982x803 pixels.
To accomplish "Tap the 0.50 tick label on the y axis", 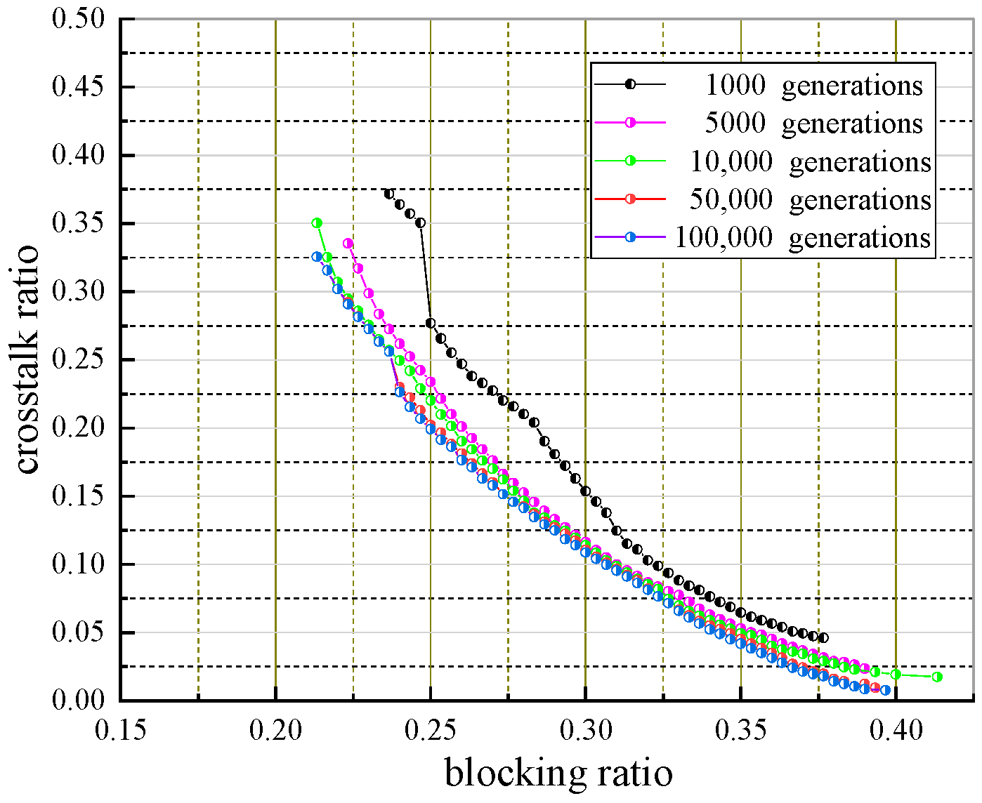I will (78, 19).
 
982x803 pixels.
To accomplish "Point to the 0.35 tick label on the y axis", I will (78, 223).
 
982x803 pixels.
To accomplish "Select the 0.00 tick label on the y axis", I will (78, 700).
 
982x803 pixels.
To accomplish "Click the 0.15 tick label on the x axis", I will (121, 731).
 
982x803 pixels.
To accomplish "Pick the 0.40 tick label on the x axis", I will (895, 731).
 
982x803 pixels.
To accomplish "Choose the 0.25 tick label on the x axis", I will (430, 731).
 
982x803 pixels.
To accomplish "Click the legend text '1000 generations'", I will (813, 85).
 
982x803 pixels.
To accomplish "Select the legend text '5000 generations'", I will (813, 123).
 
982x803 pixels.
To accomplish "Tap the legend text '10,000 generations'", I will (810, 161).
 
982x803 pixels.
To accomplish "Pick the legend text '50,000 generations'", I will (810, 199).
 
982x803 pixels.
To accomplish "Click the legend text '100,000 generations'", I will (802, 238).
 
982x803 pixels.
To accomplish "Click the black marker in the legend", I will (630, 84).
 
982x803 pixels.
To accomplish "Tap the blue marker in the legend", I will (630, 238).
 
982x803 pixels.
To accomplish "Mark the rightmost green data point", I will (936, 677).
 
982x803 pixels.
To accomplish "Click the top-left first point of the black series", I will (389, 194).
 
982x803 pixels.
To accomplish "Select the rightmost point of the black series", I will (823, 638).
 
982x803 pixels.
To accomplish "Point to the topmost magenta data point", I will (348, 244).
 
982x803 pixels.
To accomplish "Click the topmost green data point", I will (317, 223).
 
